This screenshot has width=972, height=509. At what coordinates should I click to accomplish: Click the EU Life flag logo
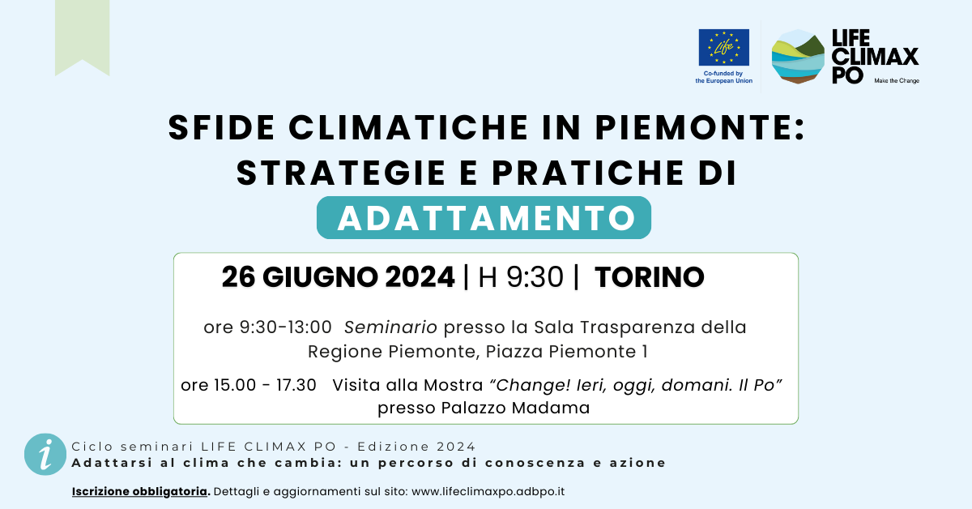click(x=723, y=47)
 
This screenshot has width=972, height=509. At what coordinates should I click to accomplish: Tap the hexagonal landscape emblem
click(x=798, y=57)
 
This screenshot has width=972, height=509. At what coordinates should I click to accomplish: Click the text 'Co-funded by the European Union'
click(x=723, y=77)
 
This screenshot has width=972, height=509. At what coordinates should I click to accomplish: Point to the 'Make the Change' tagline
click(x=897, y=81)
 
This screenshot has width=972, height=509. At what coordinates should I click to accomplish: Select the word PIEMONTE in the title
click(x=700, y=128)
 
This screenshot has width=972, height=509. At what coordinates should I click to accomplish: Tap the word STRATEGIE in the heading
click(x=341, y=173)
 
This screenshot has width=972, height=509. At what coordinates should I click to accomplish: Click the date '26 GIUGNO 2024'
click(x=338, y=277)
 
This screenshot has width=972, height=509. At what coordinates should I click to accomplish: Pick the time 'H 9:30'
click(x=521, y=277)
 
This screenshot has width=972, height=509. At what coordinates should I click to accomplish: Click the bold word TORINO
click(x=649, y=277)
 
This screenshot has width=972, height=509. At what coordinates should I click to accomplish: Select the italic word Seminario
click(x=390, y=327)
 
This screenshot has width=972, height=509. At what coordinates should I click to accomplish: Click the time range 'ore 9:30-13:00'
click(x=268, y=327)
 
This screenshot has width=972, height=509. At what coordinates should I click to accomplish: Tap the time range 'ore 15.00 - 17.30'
click(x=249, y=385)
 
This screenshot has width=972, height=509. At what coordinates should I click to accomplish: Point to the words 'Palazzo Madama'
click(x=515, y=408)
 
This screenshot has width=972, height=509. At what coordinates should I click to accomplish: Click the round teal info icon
click(x=45, y=454)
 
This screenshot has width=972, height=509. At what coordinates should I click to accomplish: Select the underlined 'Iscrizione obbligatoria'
click(x=139, y=491)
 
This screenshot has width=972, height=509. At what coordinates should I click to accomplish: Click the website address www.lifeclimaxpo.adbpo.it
click(x=488, y=492)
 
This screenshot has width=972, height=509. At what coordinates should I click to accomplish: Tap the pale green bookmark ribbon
click(x=82, y=37)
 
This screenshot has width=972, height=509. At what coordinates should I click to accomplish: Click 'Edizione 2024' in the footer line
click(x=416, y=447)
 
